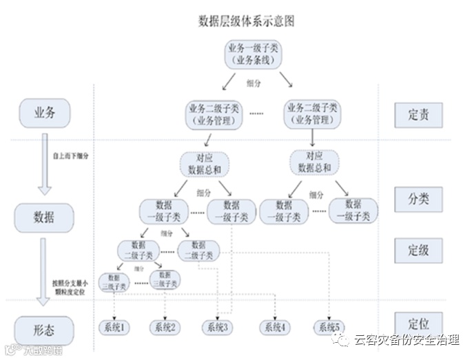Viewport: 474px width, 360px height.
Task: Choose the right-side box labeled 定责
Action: point(418,114)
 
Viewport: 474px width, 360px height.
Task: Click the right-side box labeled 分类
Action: point(418,199)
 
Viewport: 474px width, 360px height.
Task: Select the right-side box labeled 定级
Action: point(418,250)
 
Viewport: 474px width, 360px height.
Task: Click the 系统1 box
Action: point(115,326)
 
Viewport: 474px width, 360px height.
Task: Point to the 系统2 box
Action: point(166,326)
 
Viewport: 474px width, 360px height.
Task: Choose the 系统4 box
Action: point(274,326)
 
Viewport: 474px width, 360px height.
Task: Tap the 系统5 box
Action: point(328,326)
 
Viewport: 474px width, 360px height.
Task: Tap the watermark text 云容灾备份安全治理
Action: point(406,339)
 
